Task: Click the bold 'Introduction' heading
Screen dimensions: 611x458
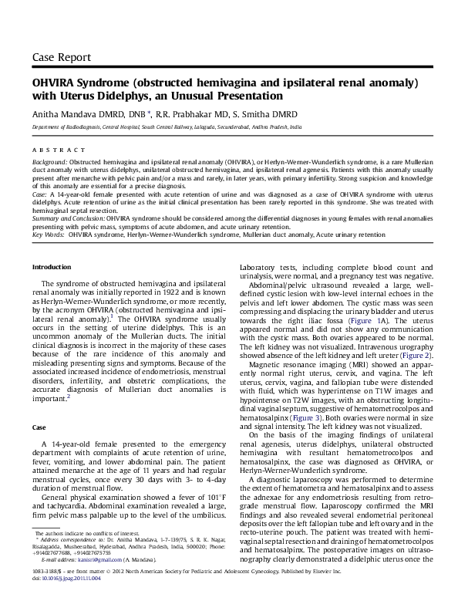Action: point(51,266)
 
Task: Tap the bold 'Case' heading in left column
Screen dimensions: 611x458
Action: point(39,405)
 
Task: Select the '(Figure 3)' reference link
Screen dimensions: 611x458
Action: point(301,417)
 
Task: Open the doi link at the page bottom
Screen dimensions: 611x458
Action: point(72,598)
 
